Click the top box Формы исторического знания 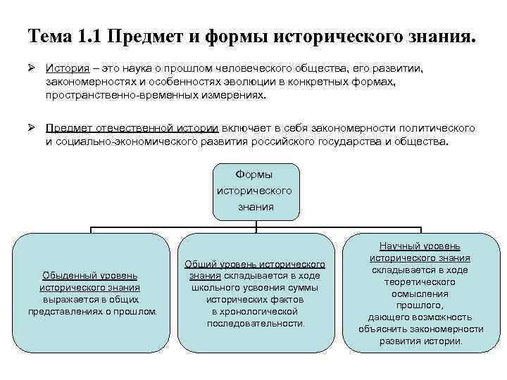pos(255,190)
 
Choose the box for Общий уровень pos(255,293)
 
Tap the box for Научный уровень pos(420,293)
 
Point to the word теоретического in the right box pos(420,281)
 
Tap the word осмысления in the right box pos(420,293)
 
